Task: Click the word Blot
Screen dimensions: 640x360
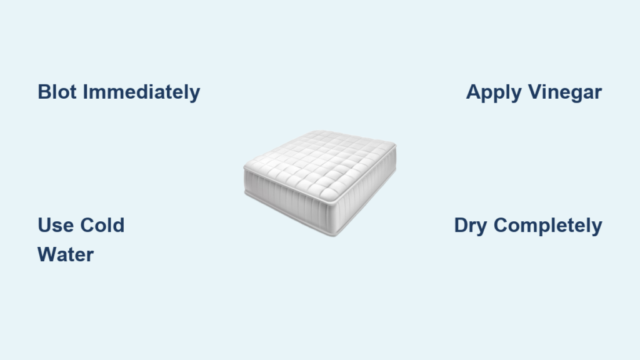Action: pos(57,92)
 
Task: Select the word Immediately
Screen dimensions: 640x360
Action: pos(142,92)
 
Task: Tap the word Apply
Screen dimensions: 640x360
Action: pos(494,92)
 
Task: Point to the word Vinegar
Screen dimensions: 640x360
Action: pos(565,92)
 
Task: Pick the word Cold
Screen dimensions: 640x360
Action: pos(102,225)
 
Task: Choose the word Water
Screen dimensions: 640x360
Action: pos(66,255)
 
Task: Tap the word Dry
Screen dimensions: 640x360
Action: pos(470,226)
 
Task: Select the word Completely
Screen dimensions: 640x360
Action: pos(547,226)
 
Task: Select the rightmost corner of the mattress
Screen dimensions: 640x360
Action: pos(395,144)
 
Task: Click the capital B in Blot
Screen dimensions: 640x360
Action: pos(44,92)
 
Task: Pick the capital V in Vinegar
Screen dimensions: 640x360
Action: pos(536,92)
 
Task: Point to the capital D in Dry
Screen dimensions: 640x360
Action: pos(461,225)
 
